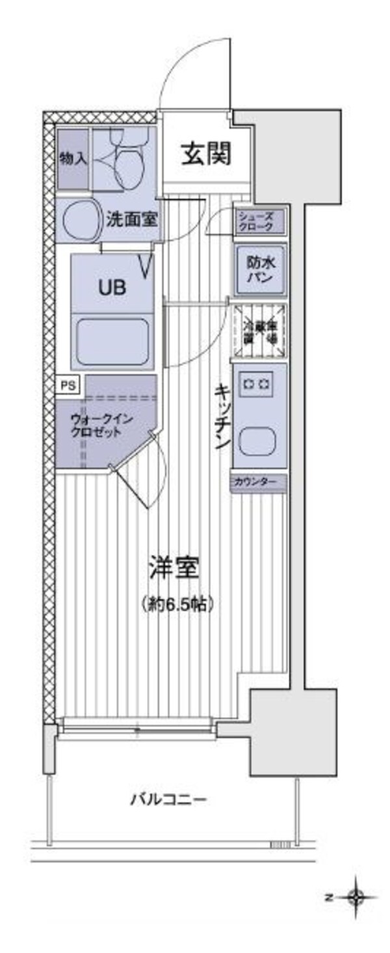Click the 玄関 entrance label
point(205,154)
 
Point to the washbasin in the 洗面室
point(79,220)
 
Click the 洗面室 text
point(132,220)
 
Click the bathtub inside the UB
point(114,342)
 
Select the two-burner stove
point(257,384)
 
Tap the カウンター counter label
point(259,483)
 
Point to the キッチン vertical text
point(221,416)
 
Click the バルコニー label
point(168,798)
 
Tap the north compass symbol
point(355,898)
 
